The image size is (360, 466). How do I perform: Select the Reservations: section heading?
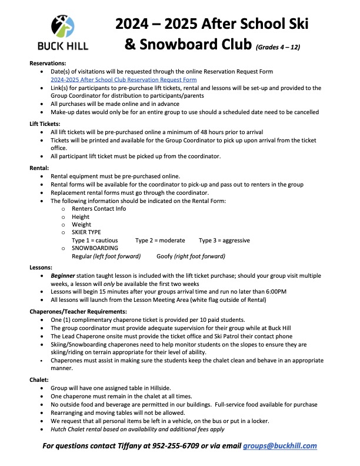pyautogui.click(x=48, y=62)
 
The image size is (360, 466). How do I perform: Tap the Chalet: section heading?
pyautogui.click(x=39, y=381)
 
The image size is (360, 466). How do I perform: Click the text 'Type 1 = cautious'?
pyautogui.click(x=95, y=240)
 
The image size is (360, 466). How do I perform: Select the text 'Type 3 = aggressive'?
pyautogui.click(x=224, y=240)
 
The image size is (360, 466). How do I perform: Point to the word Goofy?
pyautogui.click(x=165, y=256)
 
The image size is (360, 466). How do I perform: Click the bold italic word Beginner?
pyautogui.click(x=63, y=275)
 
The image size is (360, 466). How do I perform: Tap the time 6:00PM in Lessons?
pyautogui.click(x=275, y=291)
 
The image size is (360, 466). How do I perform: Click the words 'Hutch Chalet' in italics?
pyautogui.click(x=69, y=430)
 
